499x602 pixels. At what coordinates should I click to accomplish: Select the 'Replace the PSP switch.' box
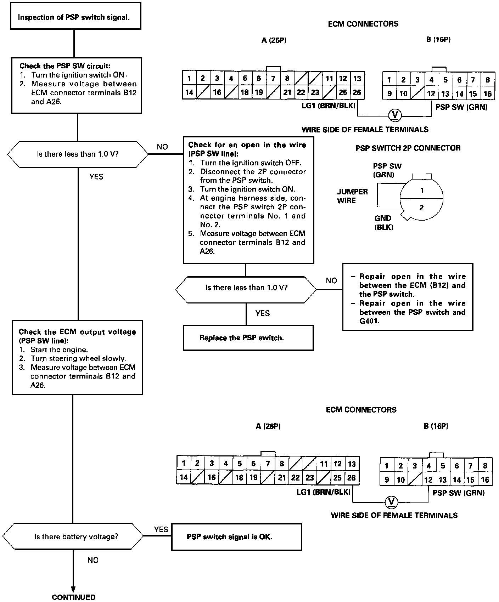pos(248,338)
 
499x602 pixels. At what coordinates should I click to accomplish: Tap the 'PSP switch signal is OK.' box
pos(236,537)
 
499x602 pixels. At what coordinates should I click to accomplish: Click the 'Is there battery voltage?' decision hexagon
pos(76,536)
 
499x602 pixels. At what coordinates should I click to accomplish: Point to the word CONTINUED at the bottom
pos(74,597)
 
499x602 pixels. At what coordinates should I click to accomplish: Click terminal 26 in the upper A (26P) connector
pos(357,92)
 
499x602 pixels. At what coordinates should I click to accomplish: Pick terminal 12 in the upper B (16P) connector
pos(431,94)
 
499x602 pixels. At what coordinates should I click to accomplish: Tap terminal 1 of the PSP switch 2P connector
pos(422,190)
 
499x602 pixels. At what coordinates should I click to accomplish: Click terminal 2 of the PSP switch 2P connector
pos(421,208)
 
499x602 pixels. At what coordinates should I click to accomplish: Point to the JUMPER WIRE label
pos(352,196)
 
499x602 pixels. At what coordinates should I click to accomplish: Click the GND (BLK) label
pos(383,223)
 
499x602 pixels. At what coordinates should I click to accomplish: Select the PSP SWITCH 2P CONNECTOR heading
pos(408,148)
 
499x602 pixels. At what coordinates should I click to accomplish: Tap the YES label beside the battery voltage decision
pos(161,529)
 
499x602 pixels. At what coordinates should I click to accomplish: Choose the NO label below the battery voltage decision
pos(92,560)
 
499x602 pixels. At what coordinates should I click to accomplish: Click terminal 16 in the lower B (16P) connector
pos(485,480)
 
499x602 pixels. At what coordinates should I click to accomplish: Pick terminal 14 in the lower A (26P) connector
pos(183,477)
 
